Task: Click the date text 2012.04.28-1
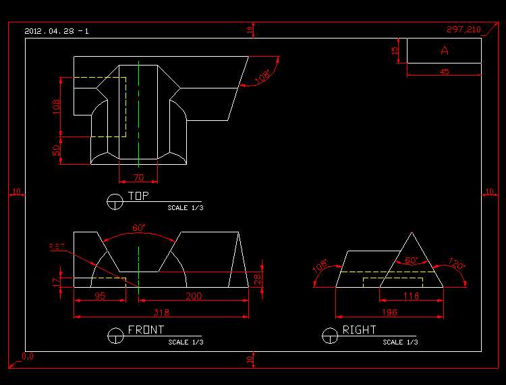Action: click(57, 31)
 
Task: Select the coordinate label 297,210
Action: click(463, 30)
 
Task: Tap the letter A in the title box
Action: click(444, 51)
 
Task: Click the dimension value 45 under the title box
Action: click(444, 71)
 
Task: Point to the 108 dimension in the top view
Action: click(56, 106)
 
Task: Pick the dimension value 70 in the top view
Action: click(138, 178)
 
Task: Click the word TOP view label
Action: click(138, 196)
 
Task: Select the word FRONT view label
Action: click(146, 330)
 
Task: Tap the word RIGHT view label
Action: click(360, 330)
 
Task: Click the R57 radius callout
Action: click(57, 247)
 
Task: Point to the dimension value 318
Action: click(161, 312)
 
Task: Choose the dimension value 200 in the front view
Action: click(193, 296)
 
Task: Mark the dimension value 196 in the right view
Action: click(389, 312)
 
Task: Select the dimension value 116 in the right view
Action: click(411, 296)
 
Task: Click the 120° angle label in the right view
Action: click(457, 266)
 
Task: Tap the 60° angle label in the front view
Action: click(138, 228)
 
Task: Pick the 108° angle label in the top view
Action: click(262, 77)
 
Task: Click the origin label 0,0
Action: click(28, 355)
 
